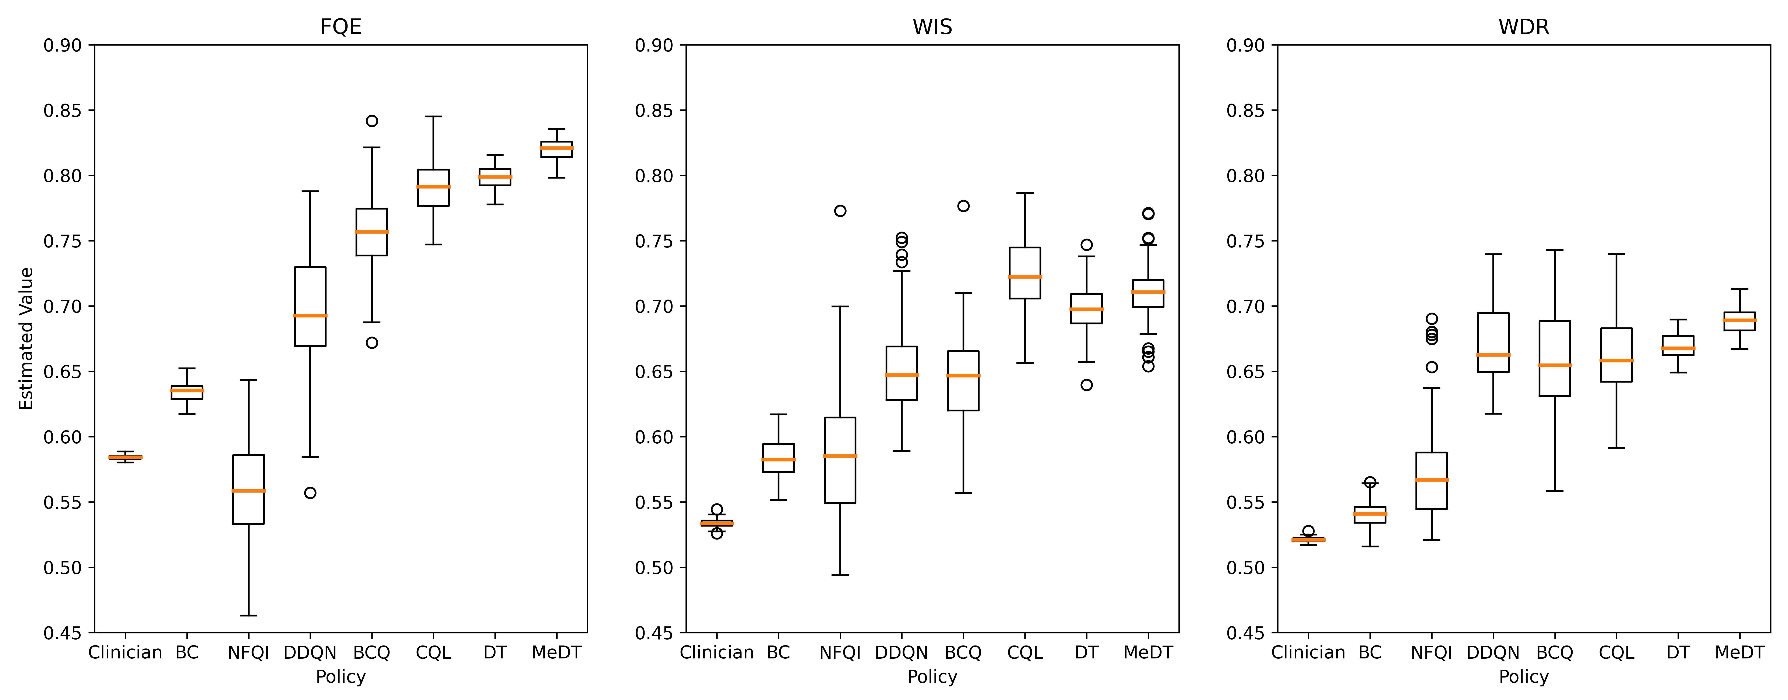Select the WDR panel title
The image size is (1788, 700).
1524,27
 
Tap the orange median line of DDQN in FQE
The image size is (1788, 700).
310,316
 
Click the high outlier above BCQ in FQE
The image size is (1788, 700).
372,121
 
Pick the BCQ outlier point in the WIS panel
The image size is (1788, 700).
963,206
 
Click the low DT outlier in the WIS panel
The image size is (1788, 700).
1086,385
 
